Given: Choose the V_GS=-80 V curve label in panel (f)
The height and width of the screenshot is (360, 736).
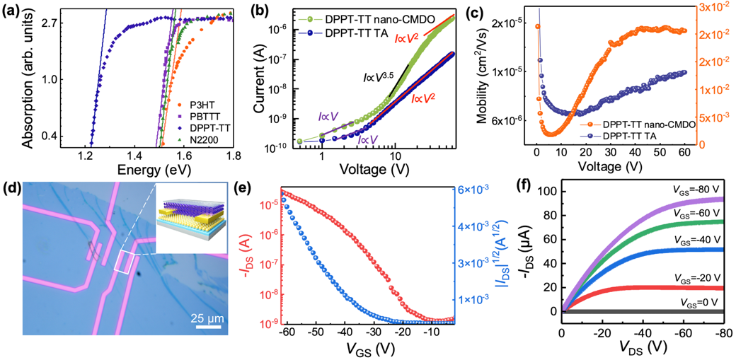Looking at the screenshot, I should coord(702,190).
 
